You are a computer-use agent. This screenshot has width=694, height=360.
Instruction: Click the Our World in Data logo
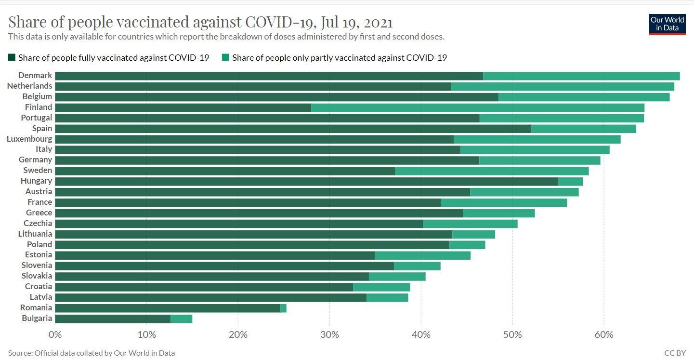click(667, 24)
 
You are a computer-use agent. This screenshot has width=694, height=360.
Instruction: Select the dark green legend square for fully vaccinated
click(12, 58)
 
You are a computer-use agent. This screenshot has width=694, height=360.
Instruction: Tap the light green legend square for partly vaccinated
click(225, 58)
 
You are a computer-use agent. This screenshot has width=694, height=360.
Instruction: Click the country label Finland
click(39, 107)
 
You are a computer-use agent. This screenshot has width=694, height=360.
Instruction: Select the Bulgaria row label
click(37, 318)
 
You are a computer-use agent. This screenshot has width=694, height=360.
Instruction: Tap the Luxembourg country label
click(29, 139)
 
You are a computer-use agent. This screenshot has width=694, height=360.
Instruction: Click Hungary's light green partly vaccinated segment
click(570, 181)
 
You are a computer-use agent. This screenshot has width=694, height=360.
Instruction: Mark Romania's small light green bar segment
click(283, 308)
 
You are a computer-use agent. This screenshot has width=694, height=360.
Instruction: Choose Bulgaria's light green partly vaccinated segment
click(181, 319)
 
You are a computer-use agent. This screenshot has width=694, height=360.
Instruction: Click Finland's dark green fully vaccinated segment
click(183, 107)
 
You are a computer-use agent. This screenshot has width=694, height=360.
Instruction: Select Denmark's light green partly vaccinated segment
click(581, 76)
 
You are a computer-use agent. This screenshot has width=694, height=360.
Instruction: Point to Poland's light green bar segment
click(467, 245)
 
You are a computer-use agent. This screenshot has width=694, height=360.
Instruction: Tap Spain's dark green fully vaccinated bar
click(293, 129)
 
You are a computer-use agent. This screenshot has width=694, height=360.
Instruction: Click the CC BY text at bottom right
click(674, 353)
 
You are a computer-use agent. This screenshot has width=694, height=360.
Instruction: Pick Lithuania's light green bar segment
click(473, 234)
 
